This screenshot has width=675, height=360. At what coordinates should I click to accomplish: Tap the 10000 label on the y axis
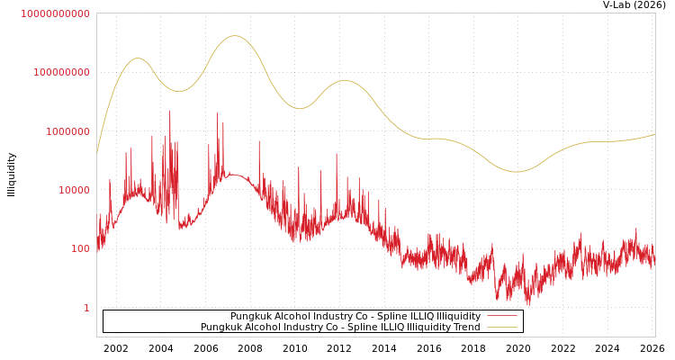click(x=73, y=190)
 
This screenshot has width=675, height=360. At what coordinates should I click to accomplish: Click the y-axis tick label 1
click(x=86, y=308)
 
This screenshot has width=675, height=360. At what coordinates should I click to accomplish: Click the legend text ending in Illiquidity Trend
click(x=340, y=328)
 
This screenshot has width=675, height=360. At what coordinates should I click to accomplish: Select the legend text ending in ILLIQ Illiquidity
click(x=355, y=317)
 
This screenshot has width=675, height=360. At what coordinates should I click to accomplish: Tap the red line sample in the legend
click(x=501, y=317)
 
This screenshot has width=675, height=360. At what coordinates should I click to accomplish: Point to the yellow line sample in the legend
click(x=501, y=328)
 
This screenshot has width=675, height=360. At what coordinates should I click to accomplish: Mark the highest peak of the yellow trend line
click(x=235, y=36)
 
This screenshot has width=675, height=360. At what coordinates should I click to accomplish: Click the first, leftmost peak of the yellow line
click(x=138, y=58)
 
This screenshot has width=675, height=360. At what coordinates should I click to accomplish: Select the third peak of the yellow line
click(x=344, y=81)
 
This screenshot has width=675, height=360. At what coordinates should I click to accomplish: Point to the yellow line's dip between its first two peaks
click(x=178, y=91)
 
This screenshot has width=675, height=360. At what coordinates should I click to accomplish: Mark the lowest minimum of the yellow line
click(x=516, y=172)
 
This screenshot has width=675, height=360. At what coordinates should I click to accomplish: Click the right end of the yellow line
click(x=654, y=134)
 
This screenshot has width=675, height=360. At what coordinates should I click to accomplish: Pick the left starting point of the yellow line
click(x=97, y=153)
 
